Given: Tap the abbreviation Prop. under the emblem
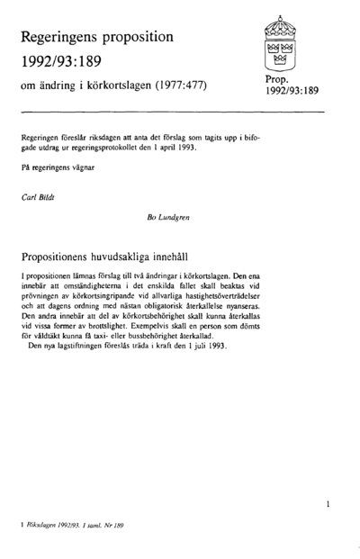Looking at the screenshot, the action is pyautogui.click(x=278, y=80).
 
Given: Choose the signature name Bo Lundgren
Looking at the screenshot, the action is pyautogui.click(x=167, y=217).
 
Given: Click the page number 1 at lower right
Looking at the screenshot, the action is pyautogui.click(x=329, y=505).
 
